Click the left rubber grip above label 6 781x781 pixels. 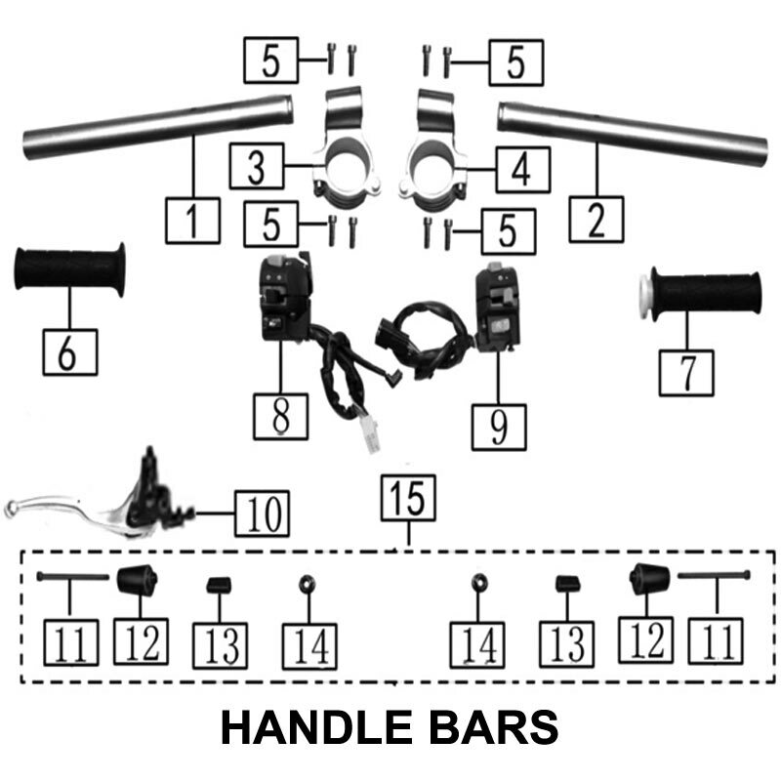click(69, 270)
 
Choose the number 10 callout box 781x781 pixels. click(263, 511)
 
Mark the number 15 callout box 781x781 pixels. click(409, 499)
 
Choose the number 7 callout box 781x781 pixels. click(686, 371)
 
